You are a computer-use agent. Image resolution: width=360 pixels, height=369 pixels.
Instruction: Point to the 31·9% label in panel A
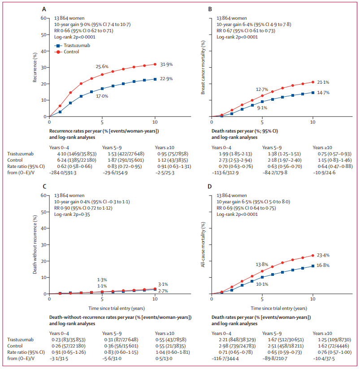(x=167, y=64)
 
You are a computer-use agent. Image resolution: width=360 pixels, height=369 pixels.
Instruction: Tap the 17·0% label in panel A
(x=103, y=95)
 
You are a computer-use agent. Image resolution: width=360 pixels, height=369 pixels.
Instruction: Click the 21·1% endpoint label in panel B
(x=324, y=82)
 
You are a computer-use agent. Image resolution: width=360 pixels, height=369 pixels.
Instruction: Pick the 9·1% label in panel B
(x=262, y=107)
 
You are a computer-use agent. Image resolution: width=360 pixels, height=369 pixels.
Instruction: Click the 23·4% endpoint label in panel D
(x=324, y=256)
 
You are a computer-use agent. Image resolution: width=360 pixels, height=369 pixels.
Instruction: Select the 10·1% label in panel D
(x=262, y=283)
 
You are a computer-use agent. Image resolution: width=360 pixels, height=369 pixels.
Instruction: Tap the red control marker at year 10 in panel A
(x=155, y=64)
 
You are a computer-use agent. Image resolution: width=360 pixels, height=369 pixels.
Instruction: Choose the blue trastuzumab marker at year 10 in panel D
(x=313, y=266)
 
